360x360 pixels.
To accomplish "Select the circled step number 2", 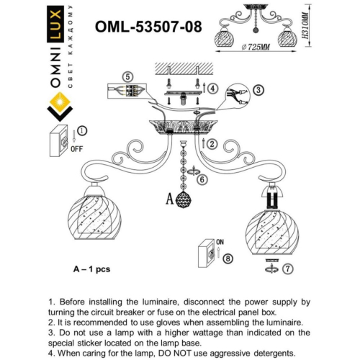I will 213,144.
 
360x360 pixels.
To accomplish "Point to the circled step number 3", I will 259,90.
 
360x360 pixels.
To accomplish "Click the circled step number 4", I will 213,88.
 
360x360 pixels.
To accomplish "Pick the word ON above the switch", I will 221,243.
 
